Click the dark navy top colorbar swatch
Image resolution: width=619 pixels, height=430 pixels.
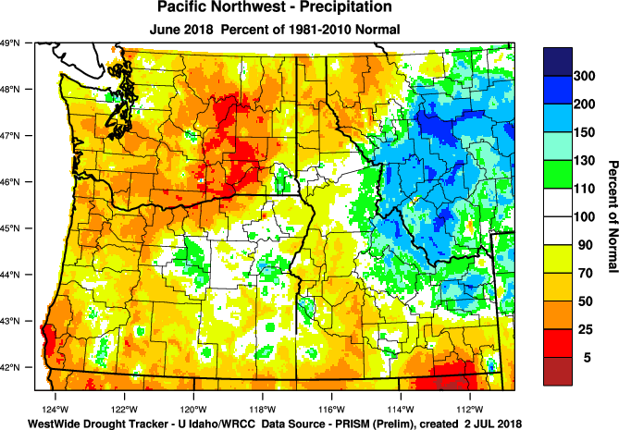pos(558,59)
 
